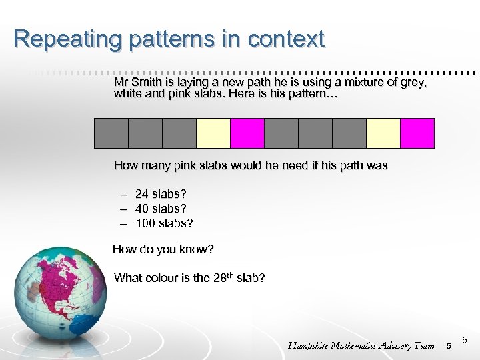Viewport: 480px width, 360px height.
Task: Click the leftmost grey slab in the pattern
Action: click(111, 133)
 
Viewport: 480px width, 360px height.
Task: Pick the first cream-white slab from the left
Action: click(213, 133)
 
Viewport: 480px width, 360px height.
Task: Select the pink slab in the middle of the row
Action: click(247, 133)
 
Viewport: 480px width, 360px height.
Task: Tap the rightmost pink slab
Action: click(417, 133)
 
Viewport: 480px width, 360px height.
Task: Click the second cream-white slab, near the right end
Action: click(383, 133)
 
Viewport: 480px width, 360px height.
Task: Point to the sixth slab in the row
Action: click(281, 133)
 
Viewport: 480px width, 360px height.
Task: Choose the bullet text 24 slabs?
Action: click(161, 194)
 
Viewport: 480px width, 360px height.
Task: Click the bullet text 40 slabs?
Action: click(161, 209)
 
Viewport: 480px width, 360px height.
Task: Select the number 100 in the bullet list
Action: click(145, 223)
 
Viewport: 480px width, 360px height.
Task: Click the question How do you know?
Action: click(163, 249)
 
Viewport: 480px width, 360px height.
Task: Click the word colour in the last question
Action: click(162, 278)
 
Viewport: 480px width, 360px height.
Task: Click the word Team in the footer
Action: click(423, 345)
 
